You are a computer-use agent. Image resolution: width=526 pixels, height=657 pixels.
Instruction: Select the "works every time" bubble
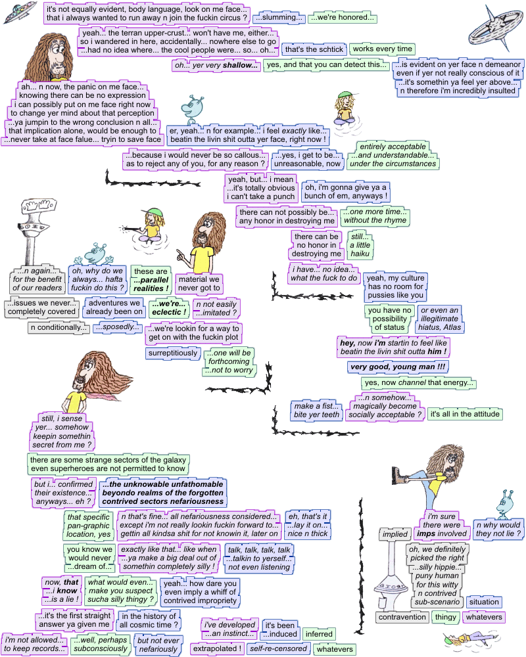[382, 49]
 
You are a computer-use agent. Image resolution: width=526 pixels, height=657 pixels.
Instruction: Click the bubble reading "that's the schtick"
[313, 49]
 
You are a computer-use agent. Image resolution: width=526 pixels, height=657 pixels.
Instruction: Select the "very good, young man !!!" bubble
[398, 367]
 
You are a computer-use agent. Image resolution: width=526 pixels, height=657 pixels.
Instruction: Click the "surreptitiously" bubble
[172, 353]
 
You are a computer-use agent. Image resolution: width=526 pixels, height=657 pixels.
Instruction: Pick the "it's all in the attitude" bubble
[465, 414]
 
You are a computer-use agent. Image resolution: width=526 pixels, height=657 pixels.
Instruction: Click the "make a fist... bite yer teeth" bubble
[317, 411]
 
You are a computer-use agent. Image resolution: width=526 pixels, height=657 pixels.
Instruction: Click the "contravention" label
[402, 617]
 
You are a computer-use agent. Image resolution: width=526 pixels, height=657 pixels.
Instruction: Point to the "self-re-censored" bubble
[278, 648]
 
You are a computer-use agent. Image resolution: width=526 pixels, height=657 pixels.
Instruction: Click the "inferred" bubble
[319, 634]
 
